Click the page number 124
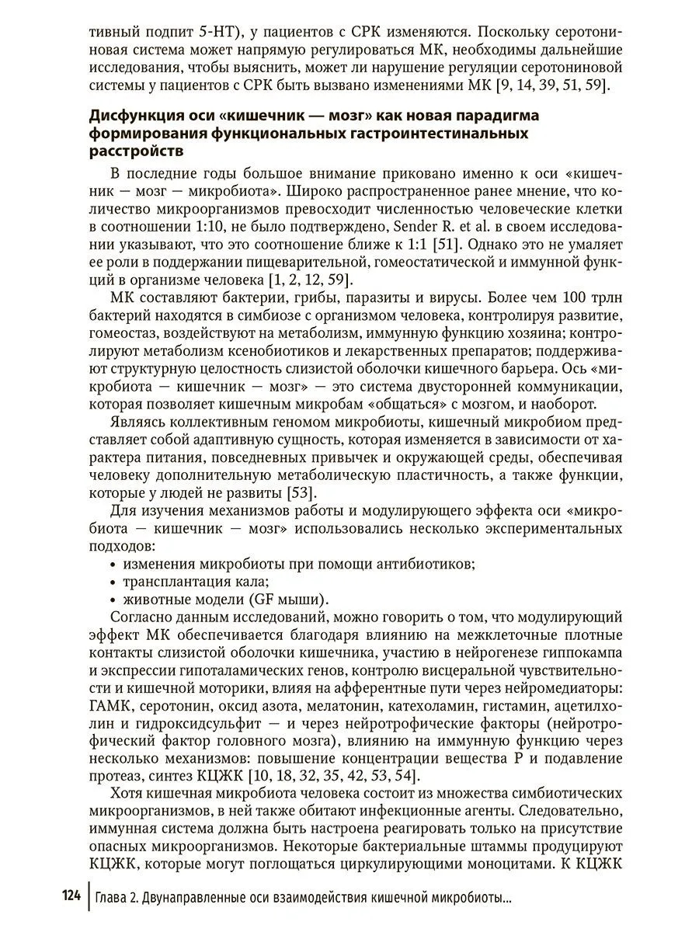(71, 898)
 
